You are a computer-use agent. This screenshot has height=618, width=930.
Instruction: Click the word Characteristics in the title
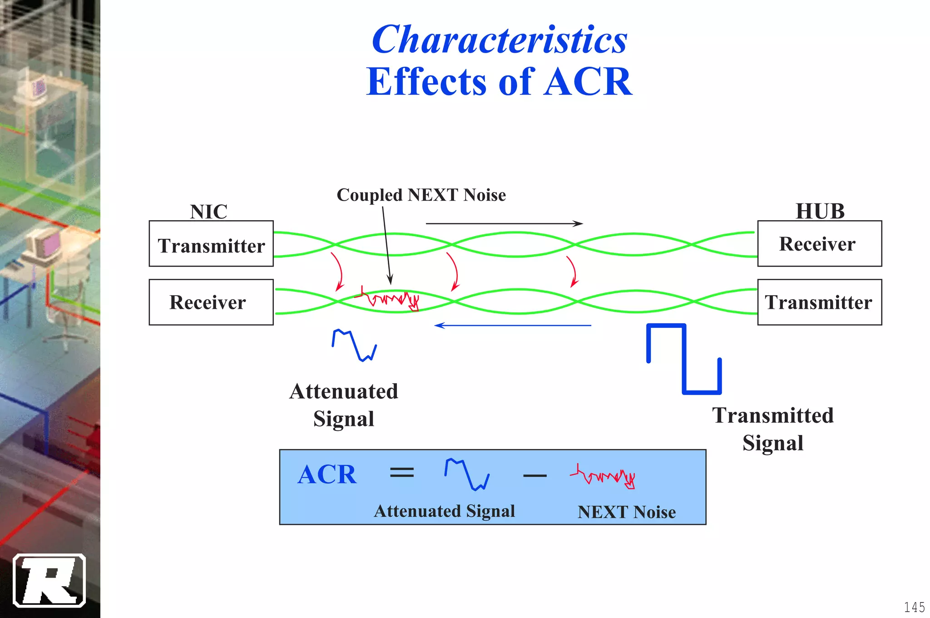coord(500,40)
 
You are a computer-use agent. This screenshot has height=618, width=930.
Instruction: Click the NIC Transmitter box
coord(211,244)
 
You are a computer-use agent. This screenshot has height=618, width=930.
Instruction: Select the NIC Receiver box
coord(211,302)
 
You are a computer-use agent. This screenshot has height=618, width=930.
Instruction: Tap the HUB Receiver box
coord(819,244)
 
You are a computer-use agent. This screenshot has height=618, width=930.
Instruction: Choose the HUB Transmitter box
coord(819,302)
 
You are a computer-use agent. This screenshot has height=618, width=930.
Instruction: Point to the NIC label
coord(208,212)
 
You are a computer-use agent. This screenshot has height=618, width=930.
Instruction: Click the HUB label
coord(820,211)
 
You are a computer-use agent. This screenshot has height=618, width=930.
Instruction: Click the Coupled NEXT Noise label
coord(421,195)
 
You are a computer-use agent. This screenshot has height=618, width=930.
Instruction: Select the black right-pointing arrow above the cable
coord(504,223)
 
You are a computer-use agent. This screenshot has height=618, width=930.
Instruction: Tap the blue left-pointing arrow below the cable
coord(513,325)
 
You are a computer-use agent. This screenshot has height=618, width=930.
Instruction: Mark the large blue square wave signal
coord(683,359)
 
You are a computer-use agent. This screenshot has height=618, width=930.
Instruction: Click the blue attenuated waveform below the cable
coord(354,346)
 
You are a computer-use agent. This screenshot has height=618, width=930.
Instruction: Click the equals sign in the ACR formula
coord(402,473)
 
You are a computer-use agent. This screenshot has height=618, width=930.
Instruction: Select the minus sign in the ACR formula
coord(534,475)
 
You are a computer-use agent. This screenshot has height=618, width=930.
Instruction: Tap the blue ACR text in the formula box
coord(327,475)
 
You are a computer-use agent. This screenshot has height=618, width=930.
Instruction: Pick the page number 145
coord(914,607)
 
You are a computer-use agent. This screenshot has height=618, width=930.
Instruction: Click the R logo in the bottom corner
coord(49,580)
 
